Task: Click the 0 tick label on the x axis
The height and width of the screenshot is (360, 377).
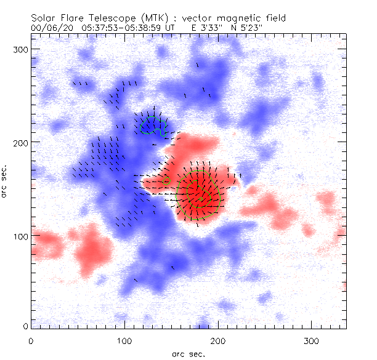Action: (31, 339)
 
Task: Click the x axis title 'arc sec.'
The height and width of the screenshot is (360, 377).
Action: (188, 353)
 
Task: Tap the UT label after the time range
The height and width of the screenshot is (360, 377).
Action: (171, 28)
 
